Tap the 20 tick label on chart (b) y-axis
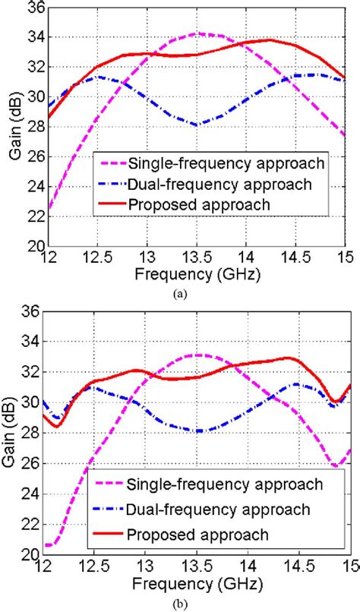31,555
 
